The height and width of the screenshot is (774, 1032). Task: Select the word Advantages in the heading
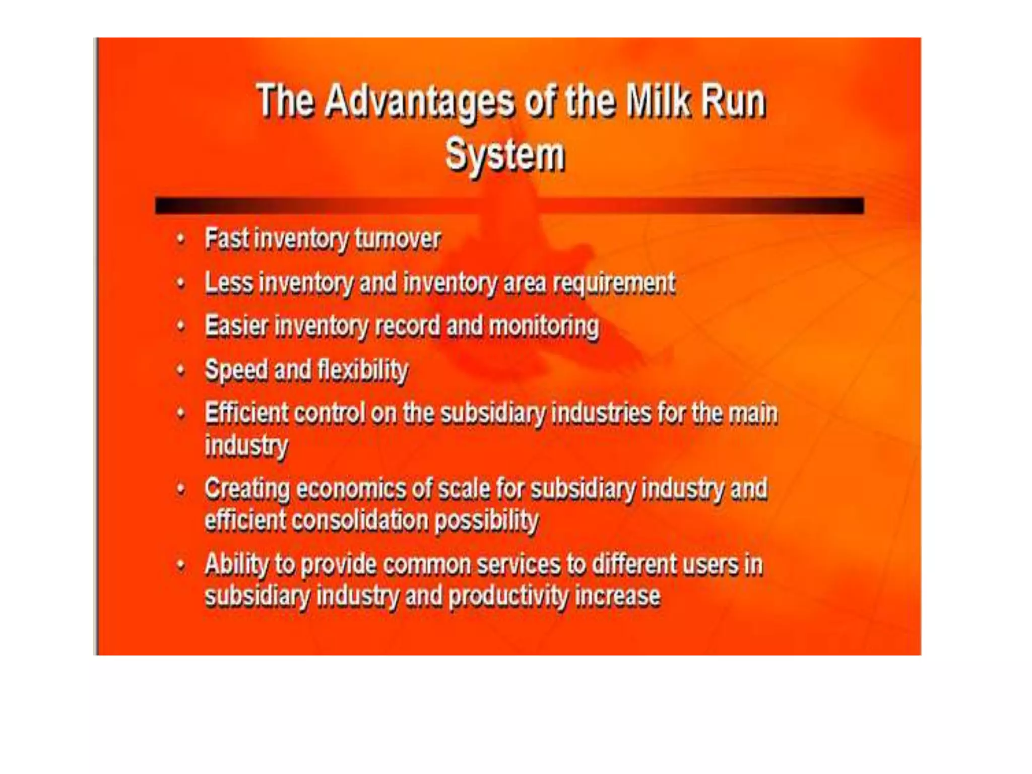(x=419, y=102)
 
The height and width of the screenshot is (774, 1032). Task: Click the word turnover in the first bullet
(x=398, y=239)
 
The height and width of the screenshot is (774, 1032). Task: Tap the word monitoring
(x=544, y=326)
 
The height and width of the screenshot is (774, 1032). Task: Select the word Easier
(x=236, y=326)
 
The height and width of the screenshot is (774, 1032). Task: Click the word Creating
(x=247, y=488)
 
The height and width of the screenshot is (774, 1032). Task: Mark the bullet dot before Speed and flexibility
(x=181, y=371)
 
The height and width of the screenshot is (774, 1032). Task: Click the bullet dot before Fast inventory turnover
(x=181, y=239)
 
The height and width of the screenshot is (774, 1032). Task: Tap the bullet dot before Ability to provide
(x=181, y=565)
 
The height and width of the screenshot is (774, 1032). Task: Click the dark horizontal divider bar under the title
(x=509, y=206)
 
